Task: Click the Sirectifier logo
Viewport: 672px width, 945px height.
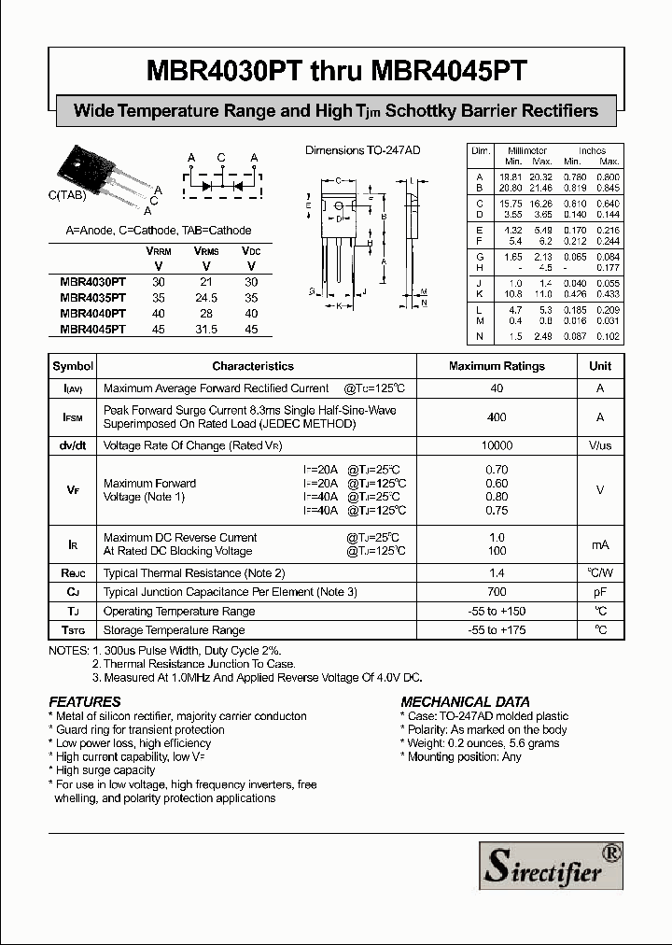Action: [550, 865]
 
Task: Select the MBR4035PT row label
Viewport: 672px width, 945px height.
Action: [91, 298]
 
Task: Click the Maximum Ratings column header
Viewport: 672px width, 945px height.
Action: [497, 366]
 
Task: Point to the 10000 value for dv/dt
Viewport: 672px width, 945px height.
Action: [497, 446]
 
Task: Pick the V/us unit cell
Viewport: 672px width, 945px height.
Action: [600, 446]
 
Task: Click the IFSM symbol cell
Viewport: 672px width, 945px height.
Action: [73, 417]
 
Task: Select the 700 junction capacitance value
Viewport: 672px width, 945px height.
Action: [497, 592]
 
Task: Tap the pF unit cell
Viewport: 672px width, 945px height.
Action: [600, 592]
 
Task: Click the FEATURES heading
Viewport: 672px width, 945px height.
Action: [84, 701]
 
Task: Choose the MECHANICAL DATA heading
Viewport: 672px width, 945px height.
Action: [465, 701]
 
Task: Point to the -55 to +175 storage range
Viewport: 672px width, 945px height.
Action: [497, 630]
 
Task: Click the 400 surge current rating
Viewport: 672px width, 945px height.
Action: [497, 417]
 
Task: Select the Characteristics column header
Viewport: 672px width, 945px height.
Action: [252, 366]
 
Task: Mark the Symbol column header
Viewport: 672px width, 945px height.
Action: [73, 366]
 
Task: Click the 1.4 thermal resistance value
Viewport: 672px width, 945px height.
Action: [497, 572]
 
